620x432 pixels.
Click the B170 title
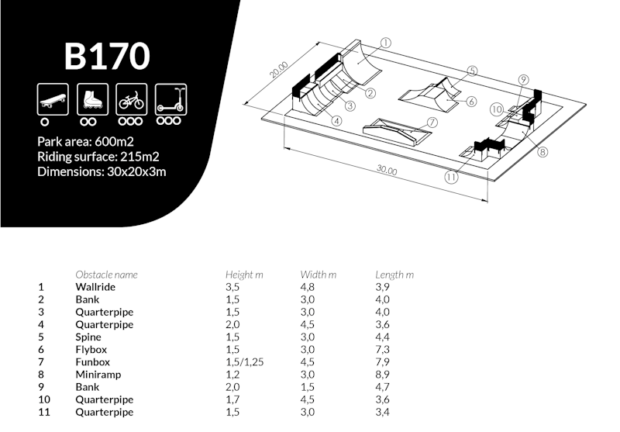(106, 56)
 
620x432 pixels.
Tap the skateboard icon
(50, 98)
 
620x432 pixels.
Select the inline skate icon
(89, 98)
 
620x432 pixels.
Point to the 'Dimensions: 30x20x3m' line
(102, 171)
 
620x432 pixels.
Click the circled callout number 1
(385, 43)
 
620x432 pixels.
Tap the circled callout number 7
(432, 122)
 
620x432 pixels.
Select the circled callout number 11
(452, 176)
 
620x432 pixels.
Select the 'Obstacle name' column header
(106, 275)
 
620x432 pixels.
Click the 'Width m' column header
(318, 275)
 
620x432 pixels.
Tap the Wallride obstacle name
(95, 287)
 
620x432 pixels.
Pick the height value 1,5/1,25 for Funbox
(245, 362)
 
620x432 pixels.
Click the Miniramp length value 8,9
(382, 375)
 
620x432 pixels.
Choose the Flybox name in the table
(92, 350)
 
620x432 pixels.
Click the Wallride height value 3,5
(232, 287)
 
